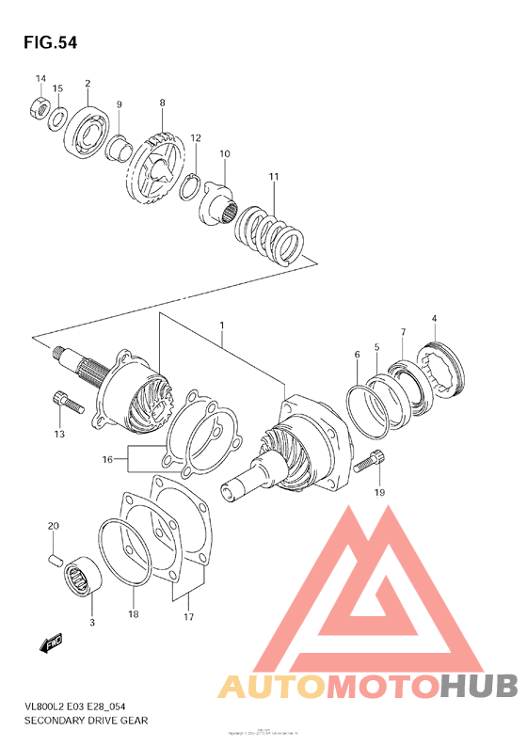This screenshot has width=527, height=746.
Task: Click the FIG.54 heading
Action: pos(45,42)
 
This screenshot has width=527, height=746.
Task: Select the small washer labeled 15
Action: pos(57,118)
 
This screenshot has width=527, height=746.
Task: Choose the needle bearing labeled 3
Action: pos(83,578)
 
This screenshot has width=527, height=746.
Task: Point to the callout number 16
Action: pos(108,459)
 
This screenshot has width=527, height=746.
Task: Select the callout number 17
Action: pos(188,617)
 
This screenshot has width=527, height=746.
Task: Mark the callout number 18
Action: pos(133,613)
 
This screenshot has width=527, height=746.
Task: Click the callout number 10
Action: pos(225,153)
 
